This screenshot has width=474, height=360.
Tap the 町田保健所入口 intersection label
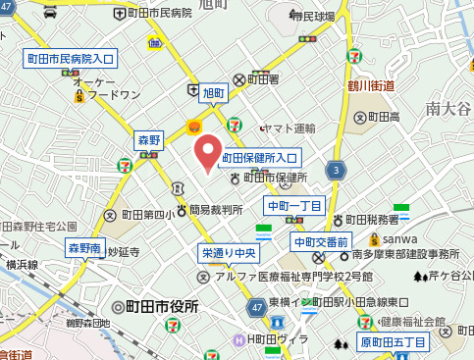coord(259,157)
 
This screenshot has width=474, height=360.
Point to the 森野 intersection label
coord(149,141)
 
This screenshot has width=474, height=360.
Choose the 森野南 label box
coord(84,249)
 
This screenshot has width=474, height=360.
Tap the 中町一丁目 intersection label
coord(294,205)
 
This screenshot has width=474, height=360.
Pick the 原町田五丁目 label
coord(393,342)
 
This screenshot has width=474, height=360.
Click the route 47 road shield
coord(255,309)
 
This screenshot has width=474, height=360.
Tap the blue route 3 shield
coord(337,171)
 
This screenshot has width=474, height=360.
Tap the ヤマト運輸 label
coord(291,129)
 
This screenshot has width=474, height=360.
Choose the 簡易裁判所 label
coord(216,209)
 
